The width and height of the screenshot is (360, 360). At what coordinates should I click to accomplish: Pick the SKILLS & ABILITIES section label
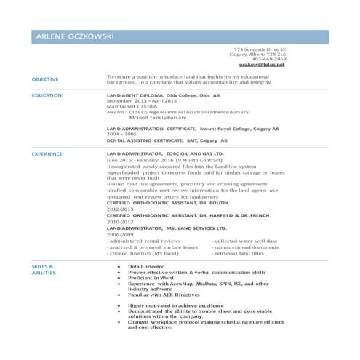point(44,271)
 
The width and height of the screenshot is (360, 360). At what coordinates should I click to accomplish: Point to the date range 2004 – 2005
point(121,135)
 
